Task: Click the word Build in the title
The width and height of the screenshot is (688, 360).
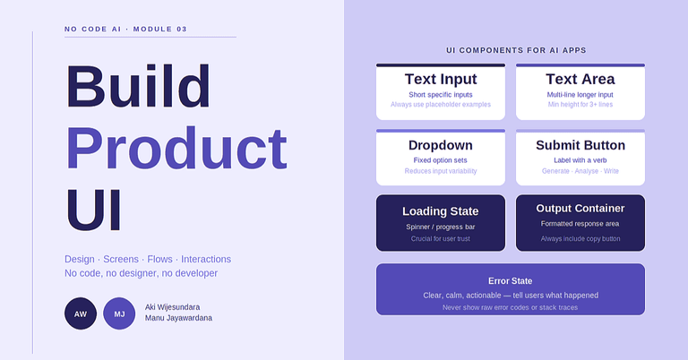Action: (138, 87)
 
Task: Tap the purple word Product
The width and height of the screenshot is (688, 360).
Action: (176, 148)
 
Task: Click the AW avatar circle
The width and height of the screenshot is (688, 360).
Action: (81, 313)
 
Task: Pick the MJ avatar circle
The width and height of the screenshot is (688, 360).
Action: (119, 313)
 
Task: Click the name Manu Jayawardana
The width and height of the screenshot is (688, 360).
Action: (178, 318)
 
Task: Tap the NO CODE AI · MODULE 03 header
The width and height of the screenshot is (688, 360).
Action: (126, 30)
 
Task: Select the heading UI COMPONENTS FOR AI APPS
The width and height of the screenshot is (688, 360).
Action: (516, 51)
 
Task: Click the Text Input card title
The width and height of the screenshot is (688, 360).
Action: (440, 79)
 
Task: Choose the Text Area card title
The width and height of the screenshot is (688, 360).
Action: (580, 79)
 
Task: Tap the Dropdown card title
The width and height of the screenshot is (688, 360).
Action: (440, 145)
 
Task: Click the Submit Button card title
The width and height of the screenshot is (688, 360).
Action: (580, 145)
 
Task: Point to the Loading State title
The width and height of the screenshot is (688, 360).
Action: (440, 211)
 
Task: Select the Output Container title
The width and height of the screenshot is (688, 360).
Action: (580, 209)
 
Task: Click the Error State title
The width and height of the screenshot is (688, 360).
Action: (510, 280)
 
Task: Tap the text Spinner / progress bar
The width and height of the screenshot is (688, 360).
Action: (440, 227)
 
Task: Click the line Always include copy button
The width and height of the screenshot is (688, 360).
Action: (580, 239)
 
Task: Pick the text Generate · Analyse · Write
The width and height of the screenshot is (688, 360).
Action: (580, 171)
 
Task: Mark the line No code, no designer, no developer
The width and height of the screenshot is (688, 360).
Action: (141, 273)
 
